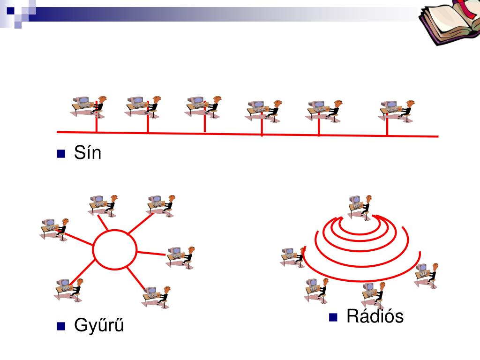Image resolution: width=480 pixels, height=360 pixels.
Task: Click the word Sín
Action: click(x=87, y=153)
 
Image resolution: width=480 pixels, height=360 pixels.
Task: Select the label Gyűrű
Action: click(x=99, y=325)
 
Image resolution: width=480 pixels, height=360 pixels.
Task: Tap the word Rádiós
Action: click(x=375, y=317)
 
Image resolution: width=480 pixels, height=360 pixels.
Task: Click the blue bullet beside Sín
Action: click(x=60, y=154)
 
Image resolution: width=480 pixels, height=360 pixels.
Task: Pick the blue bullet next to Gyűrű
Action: click(x=60, y=326)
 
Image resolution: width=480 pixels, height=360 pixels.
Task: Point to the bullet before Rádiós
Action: click(x=333, y=317)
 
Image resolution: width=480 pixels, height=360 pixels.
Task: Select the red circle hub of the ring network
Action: click(x=115, y=249)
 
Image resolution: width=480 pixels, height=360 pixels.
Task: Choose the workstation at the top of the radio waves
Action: click(x=360, y=205)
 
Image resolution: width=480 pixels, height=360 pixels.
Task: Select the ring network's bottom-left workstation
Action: click(x=68, y=289)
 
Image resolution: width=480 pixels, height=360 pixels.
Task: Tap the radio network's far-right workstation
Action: click(x=427, y=274)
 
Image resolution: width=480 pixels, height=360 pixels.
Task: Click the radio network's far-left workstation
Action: click(x=293, y=256)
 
